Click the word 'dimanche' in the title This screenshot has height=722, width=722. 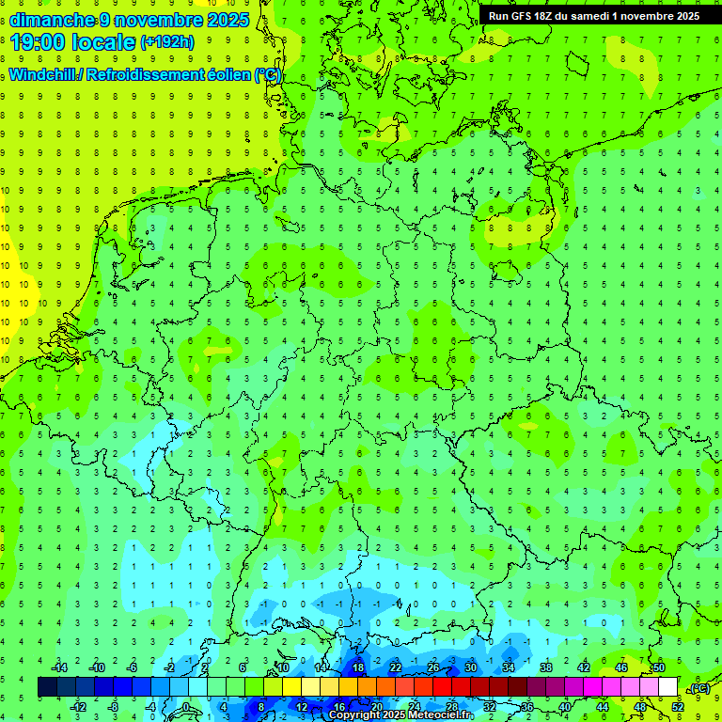pos(52,19)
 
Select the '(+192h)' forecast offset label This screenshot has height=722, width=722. pos(166,41)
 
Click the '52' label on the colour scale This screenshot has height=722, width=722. pos(678,707)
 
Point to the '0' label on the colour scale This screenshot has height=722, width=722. pos(186,707)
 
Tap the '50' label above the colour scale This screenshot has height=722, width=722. pos(658,667)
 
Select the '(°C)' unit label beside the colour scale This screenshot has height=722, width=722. pos(698,689)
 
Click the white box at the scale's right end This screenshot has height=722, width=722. pos(667,687)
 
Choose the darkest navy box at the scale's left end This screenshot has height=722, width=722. pos(47,687)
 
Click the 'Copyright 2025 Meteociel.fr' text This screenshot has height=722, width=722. pos(400,715)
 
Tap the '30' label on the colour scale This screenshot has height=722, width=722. pos(470,667)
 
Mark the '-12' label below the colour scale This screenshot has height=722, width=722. pos(79,707)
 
